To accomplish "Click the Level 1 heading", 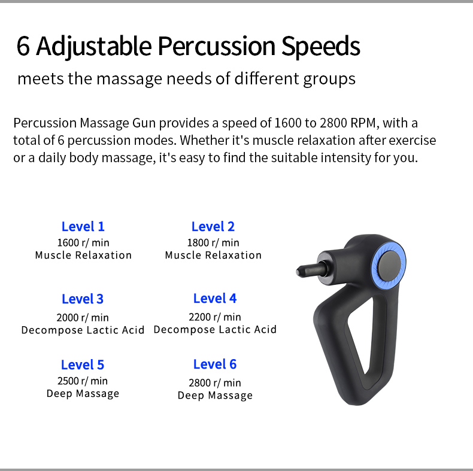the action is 83,227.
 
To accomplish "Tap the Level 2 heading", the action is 213,227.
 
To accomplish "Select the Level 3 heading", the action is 83,299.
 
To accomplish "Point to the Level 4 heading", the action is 215,299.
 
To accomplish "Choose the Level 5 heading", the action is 83,365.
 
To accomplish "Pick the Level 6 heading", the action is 215,364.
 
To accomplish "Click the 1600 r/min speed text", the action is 83,243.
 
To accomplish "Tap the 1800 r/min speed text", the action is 213,243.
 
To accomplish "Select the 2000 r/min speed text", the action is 83,318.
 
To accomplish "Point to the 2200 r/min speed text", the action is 215,317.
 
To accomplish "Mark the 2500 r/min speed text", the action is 83,381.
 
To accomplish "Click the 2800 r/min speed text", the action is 215,383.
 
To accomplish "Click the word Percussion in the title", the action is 216,46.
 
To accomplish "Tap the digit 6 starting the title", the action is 23,46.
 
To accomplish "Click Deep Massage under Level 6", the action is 215,396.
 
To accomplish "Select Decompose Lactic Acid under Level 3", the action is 83,330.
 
